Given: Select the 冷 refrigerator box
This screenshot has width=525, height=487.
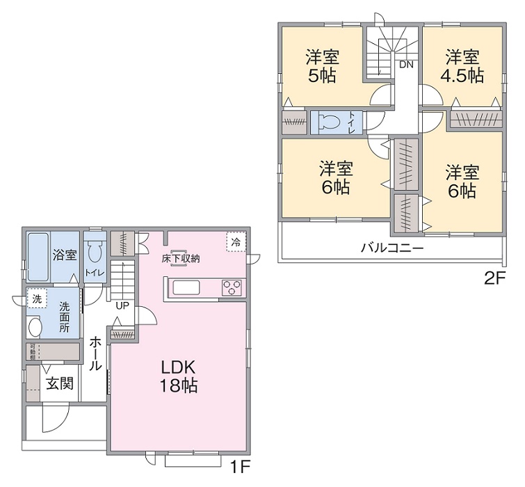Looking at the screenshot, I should coord(236,242).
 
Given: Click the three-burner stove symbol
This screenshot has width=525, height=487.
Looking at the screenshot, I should coord(232,287).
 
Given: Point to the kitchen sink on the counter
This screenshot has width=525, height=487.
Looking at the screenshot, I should coord(186,287).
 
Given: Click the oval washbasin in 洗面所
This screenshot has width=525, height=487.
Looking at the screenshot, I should coord(35,326).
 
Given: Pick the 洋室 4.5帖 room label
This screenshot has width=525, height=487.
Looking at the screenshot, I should coord(462,65).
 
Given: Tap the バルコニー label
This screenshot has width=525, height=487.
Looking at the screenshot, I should coord(391,248).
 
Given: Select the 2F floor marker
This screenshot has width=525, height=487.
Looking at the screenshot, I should coord(494,279).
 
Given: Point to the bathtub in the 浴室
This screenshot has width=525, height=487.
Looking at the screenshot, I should coord(38,255).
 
